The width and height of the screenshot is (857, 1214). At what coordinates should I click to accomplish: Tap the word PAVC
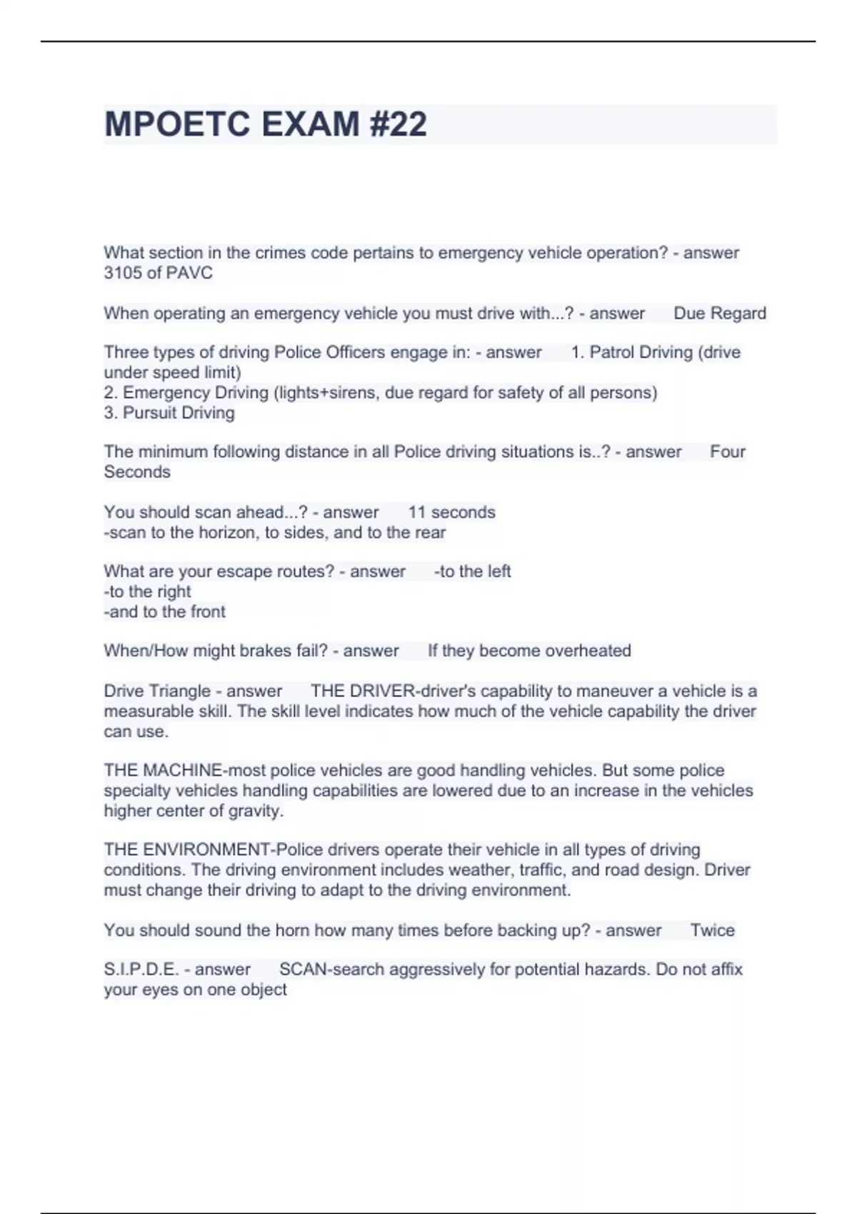(x=189, y=273)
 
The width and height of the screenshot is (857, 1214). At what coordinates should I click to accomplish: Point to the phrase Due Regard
(x=720, y=313)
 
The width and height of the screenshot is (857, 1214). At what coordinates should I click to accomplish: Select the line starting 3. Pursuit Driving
(x=169, y=413)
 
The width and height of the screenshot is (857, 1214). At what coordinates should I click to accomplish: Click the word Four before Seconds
(x=728, y=451)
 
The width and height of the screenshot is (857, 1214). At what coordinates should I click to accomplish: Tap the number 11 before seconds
(x=417, y=512)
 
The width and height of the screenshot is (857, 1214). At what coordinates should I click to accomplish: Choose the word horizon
(x=227, y=533)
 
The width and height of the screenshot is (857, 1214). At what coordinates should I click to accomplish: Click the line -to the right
(x=147, y=591)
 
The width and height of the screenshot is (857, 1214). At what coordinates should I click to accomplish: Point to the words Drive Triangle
(x=157, y=691)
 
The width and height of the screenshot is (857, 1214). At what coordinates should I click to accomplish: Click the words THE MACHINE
(x=163, y=771)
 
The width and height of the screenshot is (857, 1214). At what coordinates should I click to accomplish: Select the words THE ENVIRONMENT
(x=186, y=850)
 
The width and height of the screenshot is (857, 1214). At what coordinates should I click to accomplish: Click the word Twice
(x=712, y=930)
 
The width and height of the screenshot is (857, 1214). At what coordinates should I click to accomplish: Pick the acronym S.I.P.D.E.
(x=141, y=969)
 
